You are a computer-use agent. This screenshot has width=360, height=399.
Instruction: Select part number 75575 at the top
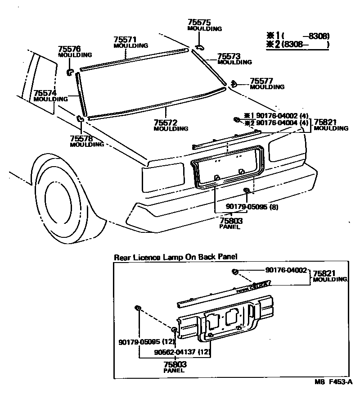click(x=198, y=22)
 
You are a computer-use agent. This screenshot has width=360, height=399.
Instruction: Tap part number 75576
click(x=69, y=49)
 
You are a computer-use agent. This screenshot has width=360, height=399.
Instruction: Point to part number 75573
click(x=229, y=56)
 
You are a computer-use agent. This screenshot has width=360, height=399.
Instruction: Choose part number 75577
click(x=261, y=81)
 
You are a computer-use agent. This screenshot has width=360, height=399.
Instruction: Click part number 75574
click(x=45, y=93)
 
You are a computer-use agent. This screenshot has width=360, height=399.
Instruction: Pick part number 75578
click(x=81, y=139)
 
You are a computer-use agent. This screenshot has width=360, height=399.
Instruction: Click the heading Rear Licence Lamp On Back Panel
click(x=175, y=257)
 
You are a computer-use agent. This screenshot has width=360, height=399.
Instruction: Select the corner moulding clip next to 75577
click(x=234, y=83)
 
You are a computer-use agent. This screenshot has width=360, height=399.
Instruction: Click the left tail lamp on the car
click(x=162, y=172)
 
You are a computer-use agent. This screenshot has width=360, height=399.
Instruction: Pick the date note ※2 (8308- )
click(x=298, y=45)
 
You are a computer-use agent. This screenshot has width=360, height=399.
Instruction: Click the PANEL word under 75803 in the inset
click(x=173, y=370)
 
